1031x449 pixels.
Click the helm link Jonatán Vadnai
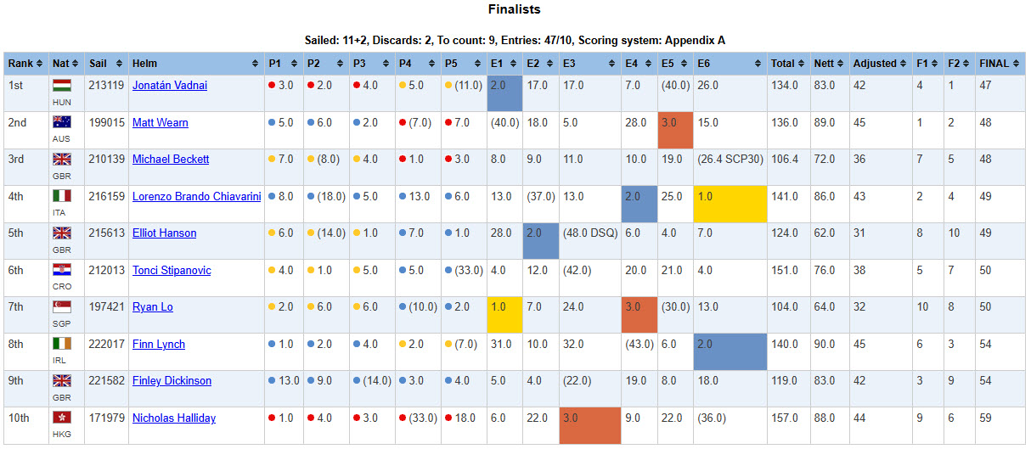coord(170,86)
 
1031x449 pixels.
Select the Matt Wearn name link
coord(161,123)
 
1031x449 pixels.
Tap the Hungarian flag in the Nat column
coord(62,86)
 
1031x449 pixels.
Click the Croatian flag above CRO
coord(62,270)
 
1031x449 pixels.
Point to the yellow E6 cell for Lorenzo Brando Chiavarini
coord(730,204)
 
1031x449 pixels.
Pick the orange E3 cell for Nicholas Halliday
coord(590,425)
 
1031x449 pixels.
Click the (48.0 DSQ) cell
coord(590,233)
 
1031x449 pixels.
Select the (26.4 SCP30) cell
coord(730,160)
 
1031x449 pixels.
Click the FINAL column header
coord(1000,64)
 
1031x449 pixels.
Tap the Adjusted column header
coord(880,64)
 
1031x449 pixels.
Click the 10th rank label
coord(19,418)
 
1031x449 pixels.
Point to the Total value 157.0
coord(785,418)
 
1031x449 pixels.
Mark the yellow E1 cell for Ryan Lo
coord(504,315)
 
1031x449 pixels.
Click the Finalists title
coord(514,9)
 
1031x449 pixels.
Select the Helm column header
coord(195,64)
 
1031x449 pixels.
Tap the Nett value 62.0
coord(824,233)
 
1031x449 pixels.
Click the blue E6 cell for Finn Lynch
coord(730,352)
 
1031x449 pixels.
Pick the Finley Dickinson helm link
coord(172,381)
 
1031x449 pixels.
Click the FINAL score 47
coord(985,86)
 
